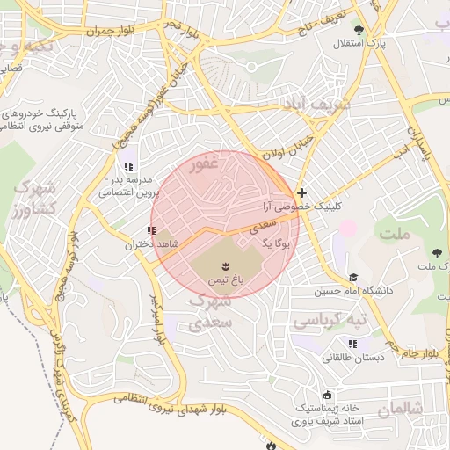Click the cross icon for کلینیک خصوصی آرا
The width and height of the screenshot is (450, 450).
click(x=301, y=192)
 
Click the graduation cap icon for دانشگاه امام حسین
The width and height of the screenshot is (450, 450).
click(x=353, y=277)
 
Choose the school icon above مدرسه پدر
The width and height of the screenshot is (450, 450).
click(x=128, y=165)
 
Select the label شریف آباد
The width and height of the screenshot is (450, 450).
click(x=316, y=103)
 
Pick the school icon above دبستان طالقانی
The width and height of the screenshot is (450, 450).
click(x=353, y=344)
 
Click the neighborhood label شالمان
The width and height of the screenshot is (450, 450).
click(x=400, y=410)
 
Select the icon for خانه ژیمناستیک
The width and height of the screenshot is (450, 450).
click(x=329, y=395)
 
